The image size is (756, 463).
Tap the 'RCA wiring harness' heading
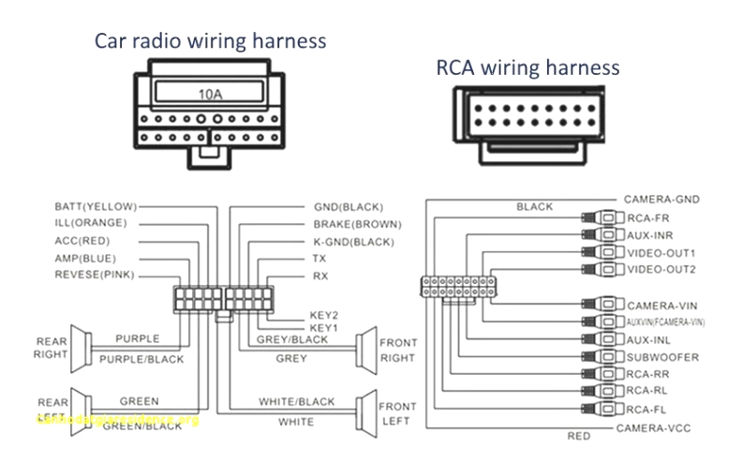coord(527,67)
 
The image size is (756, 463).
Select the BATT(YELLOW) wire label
coord(96,206)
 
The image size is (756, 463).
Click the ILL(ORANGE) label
coord(90,223)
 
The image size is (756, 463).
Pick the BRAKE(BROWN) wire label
coord(357,224)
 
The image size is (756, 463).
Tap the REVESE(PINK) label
coord(95,275)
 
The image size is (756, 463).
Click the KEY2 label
coord(323,316)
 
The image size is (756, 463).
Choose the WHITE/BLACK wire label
coord(296,402)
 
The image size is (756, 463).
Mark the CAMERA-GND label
coord(661,200)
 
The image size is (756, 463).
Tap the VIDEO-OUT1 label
coord(661,253)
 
